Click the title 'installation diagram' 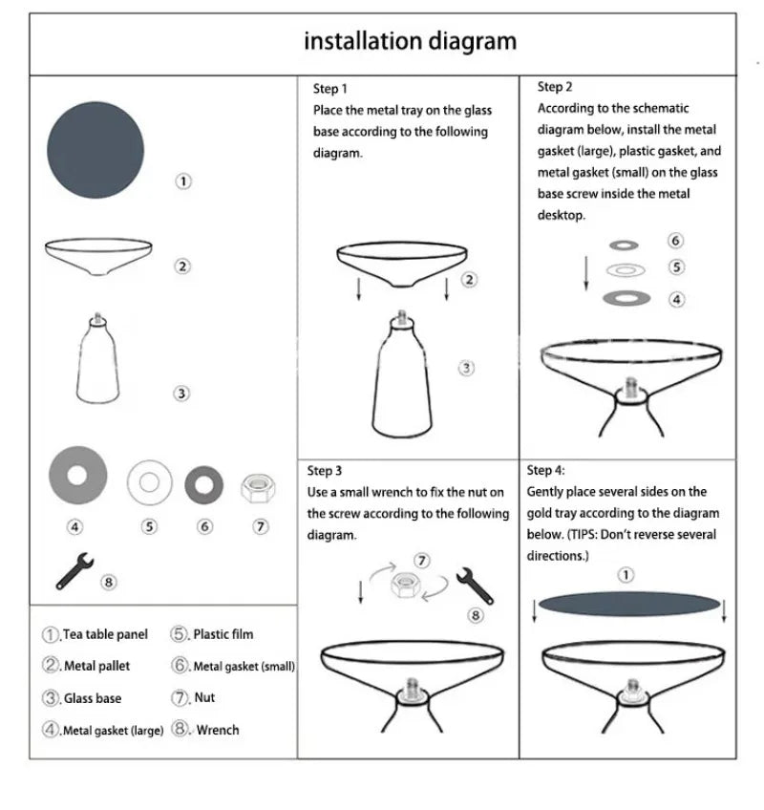tap(410, 41)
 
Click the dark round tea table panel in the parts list tap(95, 150)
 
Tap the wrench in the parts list tap(74, 571)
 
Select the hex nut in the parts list tap(258, 488)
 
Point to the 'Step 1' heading tap(330, 89)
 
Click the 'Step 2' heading tap(555, 87)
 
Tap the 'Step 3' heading tap(325, 471)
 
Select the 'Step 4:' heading tap(546, 470)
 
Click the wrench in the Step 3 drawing tap(475, 586)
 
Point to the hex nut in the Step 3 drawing tap(406, 586)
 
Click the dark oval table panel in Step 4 tap(629, 604)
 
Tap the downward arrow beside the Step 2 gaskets tap(585, 273)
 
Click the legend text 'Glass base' tap(93, 698)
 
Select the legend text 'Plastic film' tap(223, 634)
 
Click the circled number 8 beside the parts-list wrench tap(109, 583)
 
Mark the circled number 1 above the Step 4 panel tap(626, 575)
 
